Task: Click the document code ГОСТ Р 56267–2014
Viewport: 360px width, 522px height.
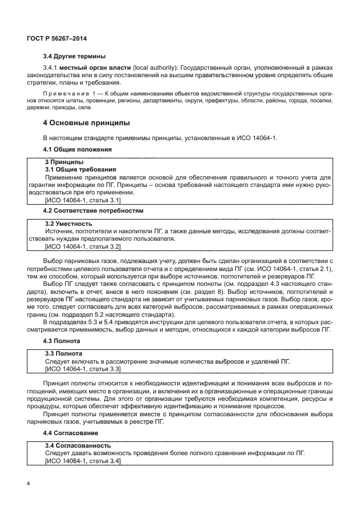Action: pos(60,38)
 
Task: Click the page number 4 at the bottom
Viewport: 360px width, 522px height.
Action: pos(29,484)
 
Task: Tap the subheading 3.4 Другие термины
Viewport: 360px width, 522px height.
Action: pos(74,56)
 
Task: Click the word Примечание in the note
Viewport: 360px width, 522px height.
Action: pos(66,92)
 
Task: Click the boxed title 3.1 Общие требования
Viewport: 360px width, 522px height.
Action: pos(81,170)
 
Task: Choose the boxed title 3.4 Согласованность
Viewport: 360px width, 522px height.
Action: pos(78,445)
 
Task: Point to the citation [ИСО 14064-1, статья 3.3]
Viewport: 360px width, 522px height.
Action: pos(82,370)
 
